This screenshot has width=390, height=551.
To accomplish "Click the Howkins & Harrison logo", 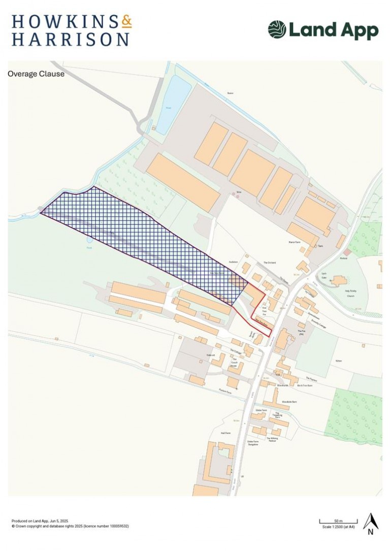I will (x=71, y=30).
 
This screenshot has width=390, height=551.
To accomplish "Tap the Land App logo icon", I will (x=277, y=29).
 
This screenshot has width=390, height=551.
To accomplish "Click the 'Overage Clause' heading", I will (x=36, y=74).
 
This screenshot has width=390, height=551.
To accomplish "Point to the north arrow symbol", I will (x=371, y=524).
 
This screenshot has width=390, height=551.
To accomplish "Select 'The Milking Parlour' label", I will (x=274, y=440).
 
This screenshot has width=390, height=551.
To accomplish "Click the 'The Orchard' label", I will (x=268, y=263).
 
